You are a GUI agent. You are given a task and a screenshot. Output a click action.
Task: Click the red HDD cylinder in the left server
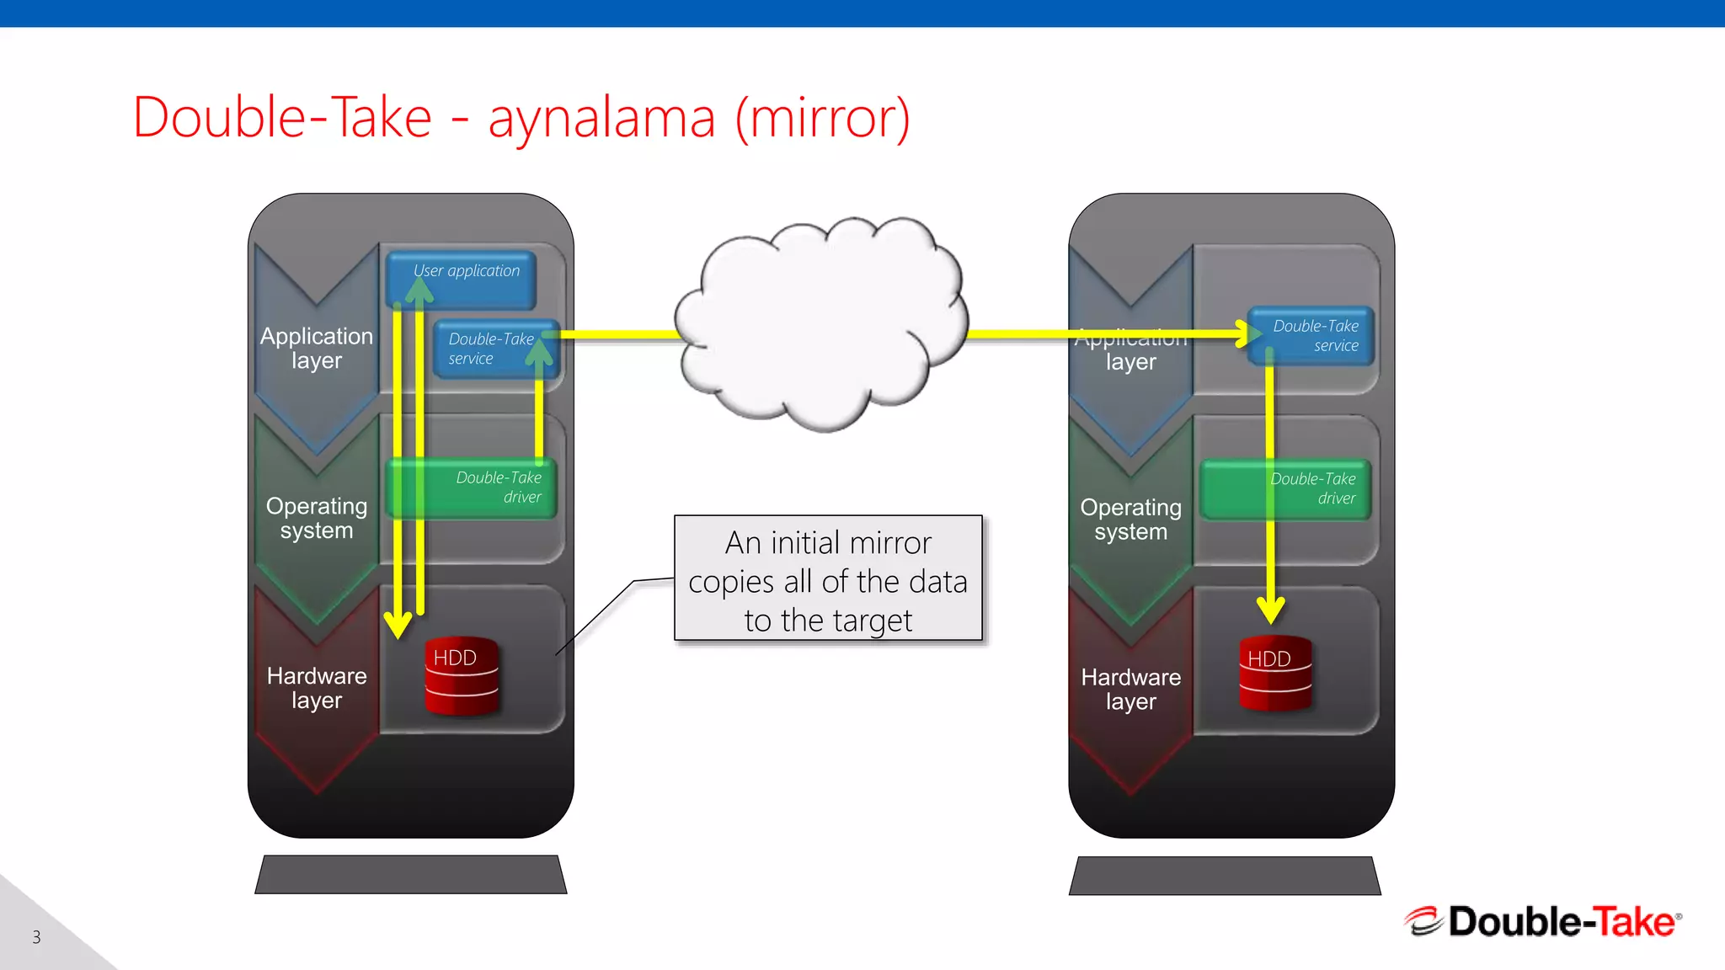pos(462,676)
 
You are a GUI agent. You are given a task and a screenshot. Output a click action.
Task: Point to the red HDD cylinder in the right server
pos(1275,674)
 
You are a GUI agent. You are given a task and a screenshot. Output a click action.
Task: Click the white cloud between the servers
pos(821,324)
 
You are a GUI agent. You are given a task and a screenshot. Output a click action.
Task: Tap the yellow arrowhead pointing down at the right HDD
pos(1270,608)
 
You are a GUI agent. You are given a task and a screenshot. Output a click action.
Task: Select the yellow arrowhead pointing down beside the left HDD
pos(397,625)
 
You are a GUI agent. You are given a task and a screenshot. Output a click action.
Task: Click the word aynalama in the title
pos(601,118)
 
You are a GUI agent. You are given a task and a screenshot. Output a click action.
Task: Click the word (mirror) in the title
pos(822,118)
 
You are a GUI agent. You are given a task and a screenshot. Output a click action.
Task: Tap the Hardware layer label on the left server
pos(317,688)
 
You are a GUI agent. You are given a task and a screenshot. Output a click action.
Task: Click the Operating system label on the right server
pos(1130,520)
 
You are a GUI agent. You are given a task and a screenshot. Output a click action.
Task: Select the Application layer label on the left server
pos(317,348)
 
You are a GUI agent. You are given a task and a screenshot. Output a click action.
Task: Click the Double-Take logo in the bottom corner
pos(1542,921)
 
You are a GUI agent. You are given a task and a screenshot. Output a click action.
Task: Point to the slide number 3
pos(36,937)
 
